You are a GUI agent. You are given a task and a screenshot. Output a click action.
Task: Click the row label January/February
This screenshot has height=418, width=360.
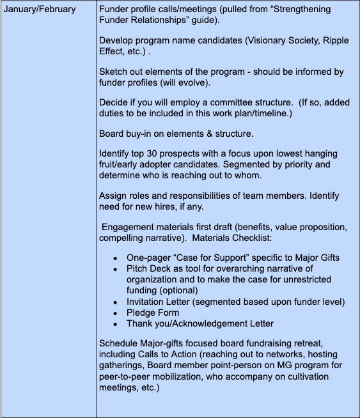(x=40, y=10)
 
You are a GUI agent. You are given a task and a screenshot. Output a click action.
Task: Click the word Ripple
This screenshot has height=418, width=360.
(x=333, y=41)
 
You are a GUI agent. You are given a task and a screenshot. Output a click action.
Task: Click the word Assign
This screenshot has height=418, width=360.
(x=114, y=196)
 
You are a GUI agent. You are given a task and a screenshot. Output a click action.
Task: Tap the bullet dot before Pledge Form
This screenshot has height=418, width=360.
(x=114, y=313)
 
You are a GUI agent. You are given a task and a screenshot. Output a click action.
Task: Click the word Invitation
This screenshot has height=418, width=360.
(x=148, y=301)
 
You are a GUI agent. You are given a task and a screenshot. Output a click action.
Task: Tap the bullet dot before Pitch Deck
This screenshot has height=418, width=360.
(x=114, y=268)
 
